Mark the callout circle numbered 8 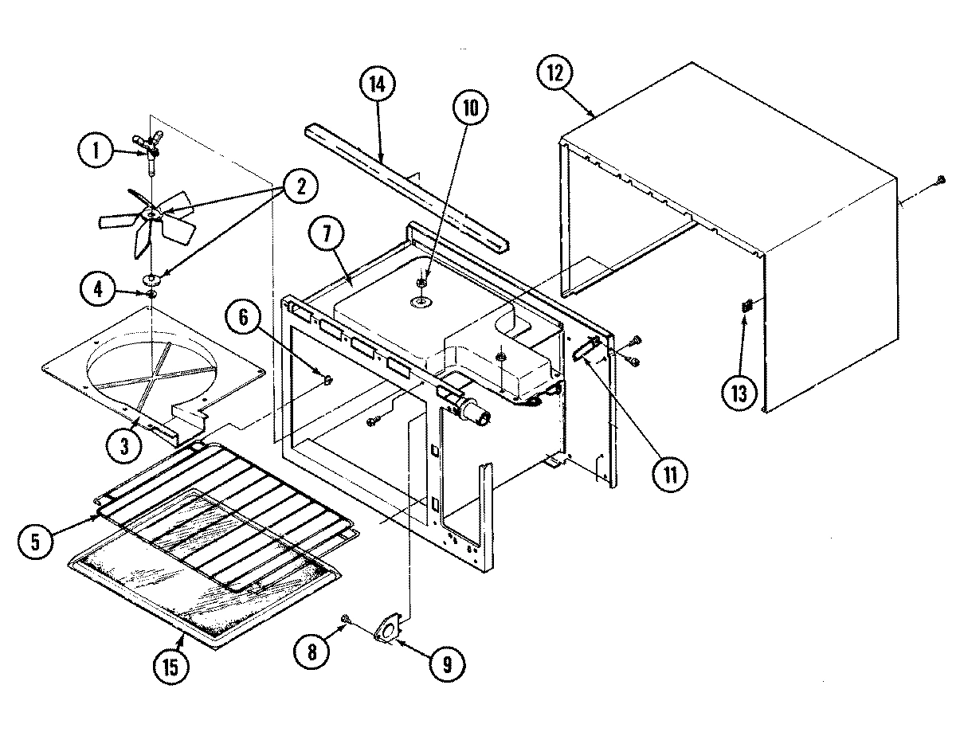[x=311, y=651]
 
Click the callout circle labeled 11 [x=669, y=474]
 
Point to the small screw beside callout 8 [x=346, y=619]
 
